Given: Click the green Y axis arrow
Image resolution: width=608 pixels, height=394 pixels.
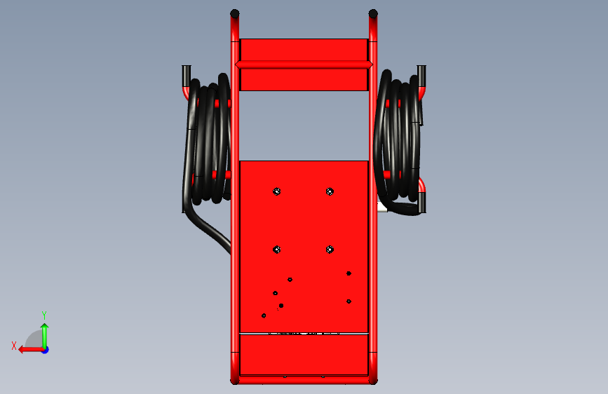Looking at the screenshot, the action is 45,336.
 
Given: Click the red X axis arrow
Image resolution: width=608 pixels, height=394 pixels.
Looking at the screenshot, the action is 31,350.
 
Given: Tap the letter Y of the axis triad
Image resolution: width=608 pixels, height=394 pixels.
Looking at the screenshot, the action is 44,315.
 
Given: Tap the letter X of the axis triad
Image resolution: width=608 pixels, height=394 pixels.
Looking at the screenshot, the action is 14,346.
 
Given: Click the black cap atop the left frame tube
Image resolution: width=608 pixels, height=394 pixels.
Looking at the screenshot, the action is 235,14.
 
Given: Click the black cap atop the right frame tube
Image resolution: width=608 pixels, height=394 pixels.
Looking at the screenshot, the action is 373,14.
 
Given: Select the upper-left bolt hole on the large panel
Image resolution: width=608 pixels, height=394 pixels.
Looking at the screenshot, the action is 276,191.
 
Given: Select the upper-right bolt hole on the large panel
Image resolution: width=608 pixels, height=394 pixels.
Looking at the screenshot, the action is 330,191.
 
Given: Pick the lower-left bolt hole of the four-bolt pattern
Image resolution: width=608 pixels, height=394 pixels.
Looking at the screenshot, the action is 276,250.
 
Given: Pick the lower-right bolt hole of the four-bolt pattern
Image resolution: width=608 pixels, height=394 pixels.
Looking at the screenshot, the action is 330,250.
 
